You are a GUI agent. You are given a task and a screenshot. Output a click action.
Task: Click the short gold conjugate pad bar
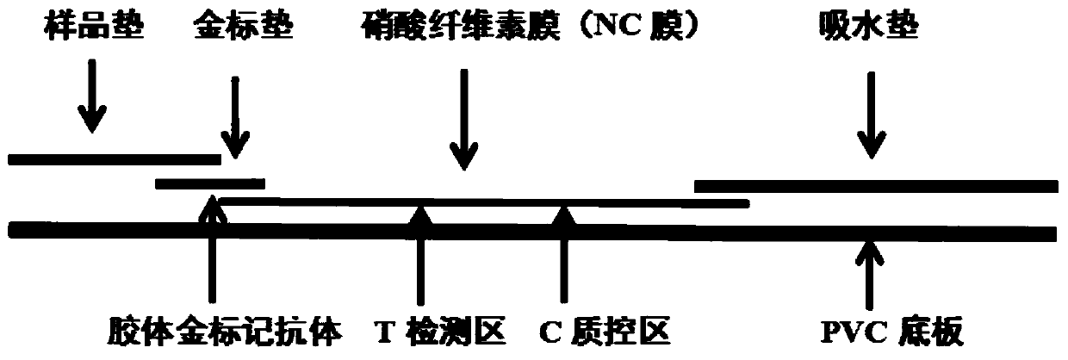(x=210, y=183)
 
